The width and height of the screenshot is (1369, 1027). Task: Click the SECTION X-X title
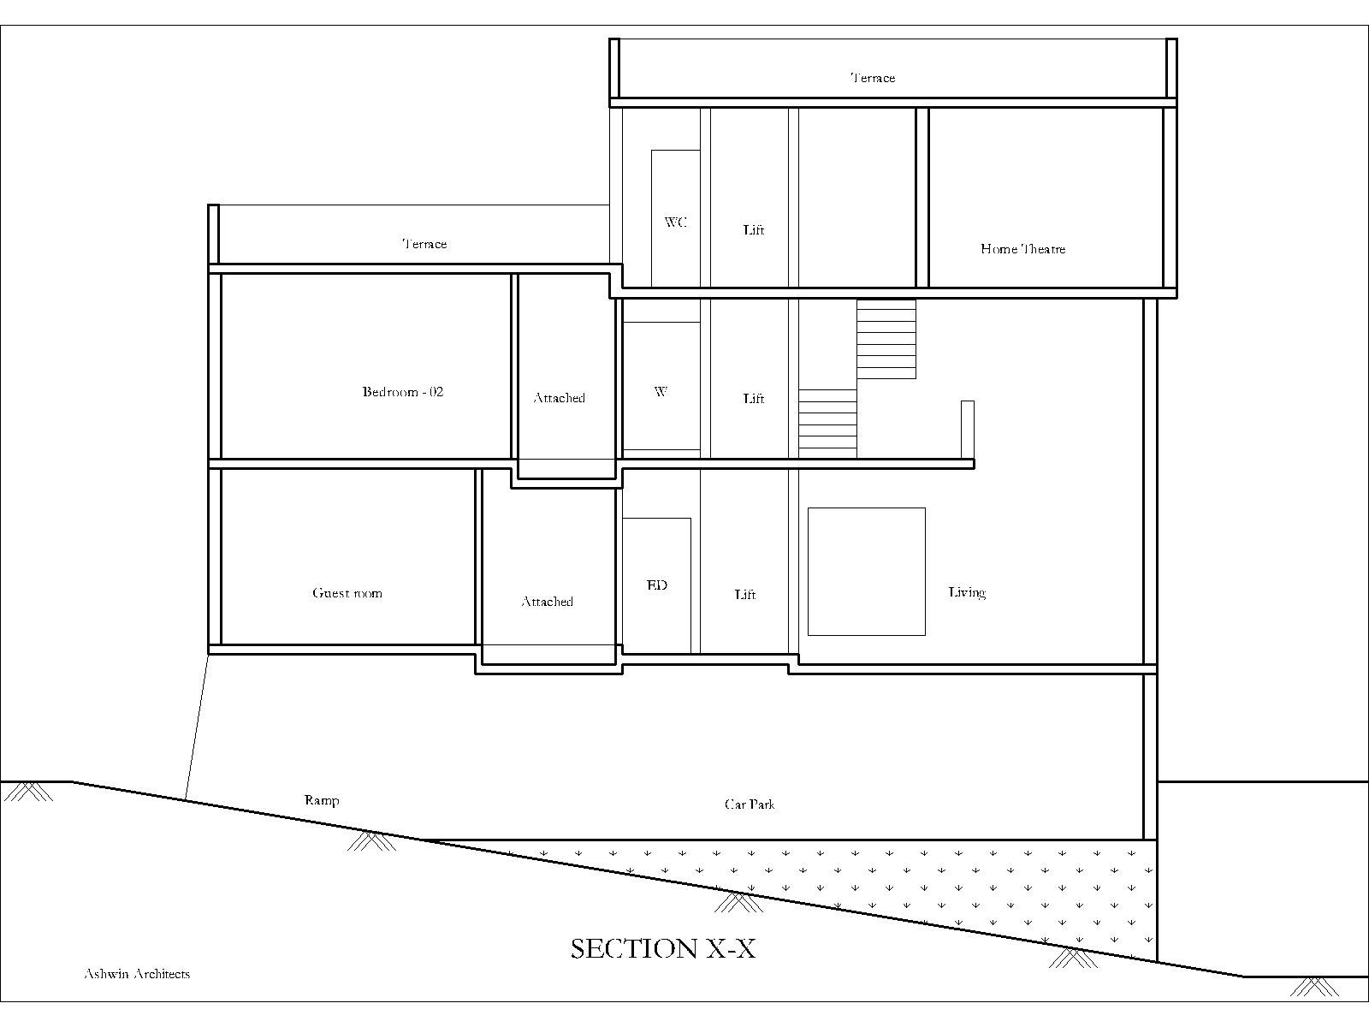(x=663, y=948)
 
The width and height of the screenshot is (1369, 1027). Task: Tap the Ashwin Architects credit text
(x=137, y=974)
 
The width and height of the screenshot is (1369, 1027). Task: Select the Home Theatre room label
(x=1022, y=249)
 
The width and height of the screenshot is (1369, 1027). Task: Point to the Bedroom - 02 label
(x=403, y=392)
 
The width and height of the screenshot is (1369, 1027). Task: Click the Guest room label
(x=347, y=593)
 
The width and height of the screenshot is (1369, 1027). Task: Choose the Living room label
(x=968, y=592)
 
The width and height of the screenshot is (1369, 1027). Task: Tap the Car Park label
(x=750, y=804)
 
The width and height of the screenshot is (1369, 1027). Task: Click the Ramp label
(x=322, y=801)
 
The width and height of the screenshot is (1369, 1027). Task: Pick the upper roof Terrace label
(x=874, y=78)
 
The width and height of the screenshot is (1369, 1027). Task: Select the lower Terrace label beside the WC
(x=424, y=244)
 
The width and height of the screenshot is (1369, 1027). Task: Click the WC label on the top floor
(x=676, y=222)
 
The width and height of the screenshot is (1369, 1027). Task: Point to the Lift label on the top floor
(x=754, y=230)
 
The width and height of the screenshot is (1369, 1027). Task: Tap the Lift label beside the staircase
(x=754, y=399)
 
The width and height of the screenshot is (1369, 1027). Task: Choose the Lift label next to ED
(x=745, y=594)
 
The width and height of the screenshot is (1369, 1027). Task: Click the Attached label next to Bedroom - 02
(x=560, y=398)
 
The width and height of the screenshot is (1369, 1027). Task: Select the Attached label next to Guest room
(x=548, y=602)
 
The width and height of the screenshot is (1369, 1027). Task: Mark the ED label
(x=657, y=585)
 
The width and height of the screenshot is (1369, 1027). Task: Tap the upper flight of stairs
(x=886, y=339)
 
